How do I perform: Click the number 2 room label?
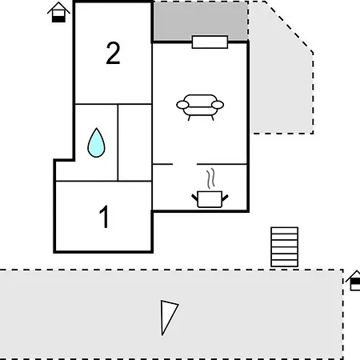coord(113,53)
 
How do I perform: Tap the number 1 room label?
coord(104,217)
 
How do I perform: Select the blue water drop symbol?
coord(96,142)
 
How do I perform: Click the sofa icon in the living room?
coord(200,107)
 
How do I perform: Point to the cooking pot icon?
coord(210,199)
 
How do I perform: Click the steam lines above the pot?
coord(210,178)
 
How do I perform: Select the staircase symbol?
coord(284,247)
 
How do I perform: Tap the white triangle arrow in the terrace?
coord(168,316)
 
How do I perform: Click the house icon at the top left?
coord(58,12)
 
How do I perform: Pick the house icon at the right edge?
coord(354,280)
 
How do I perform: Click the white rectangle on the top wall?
coord(210,42)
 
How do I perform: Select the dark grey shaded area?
coord(200,21)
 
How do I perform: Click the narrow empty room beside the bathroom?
coord(135,142)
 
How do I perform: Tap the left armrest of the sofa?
coord(182,105)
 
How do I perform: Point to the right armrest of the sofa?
coord(218,105)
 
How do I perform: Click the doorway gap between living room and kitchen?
coord(185,164)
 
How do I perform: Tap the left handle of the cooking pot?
coord(194,198)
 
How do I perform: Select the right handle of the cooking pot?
coord(225,198)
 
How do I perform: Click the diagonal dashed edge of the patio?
coord(289,27)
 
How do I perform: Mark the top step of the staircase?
coord(284,230)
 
